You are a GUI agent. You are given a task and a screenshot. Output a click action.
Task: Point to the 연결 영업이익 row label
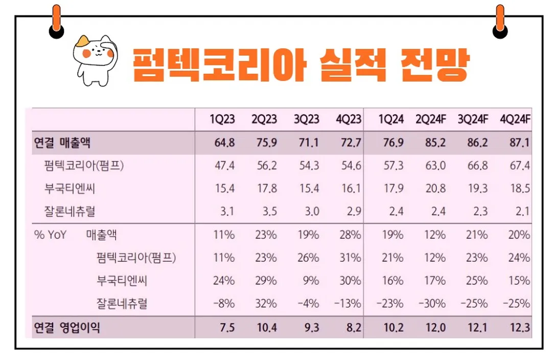tap(66, 328)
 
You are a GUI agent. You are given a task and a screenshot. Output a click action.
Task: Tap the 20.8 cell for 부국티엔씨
tap(435, 189)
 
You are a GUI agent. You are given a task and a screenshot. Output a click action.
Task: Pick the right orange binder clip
tap(500, 21)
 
